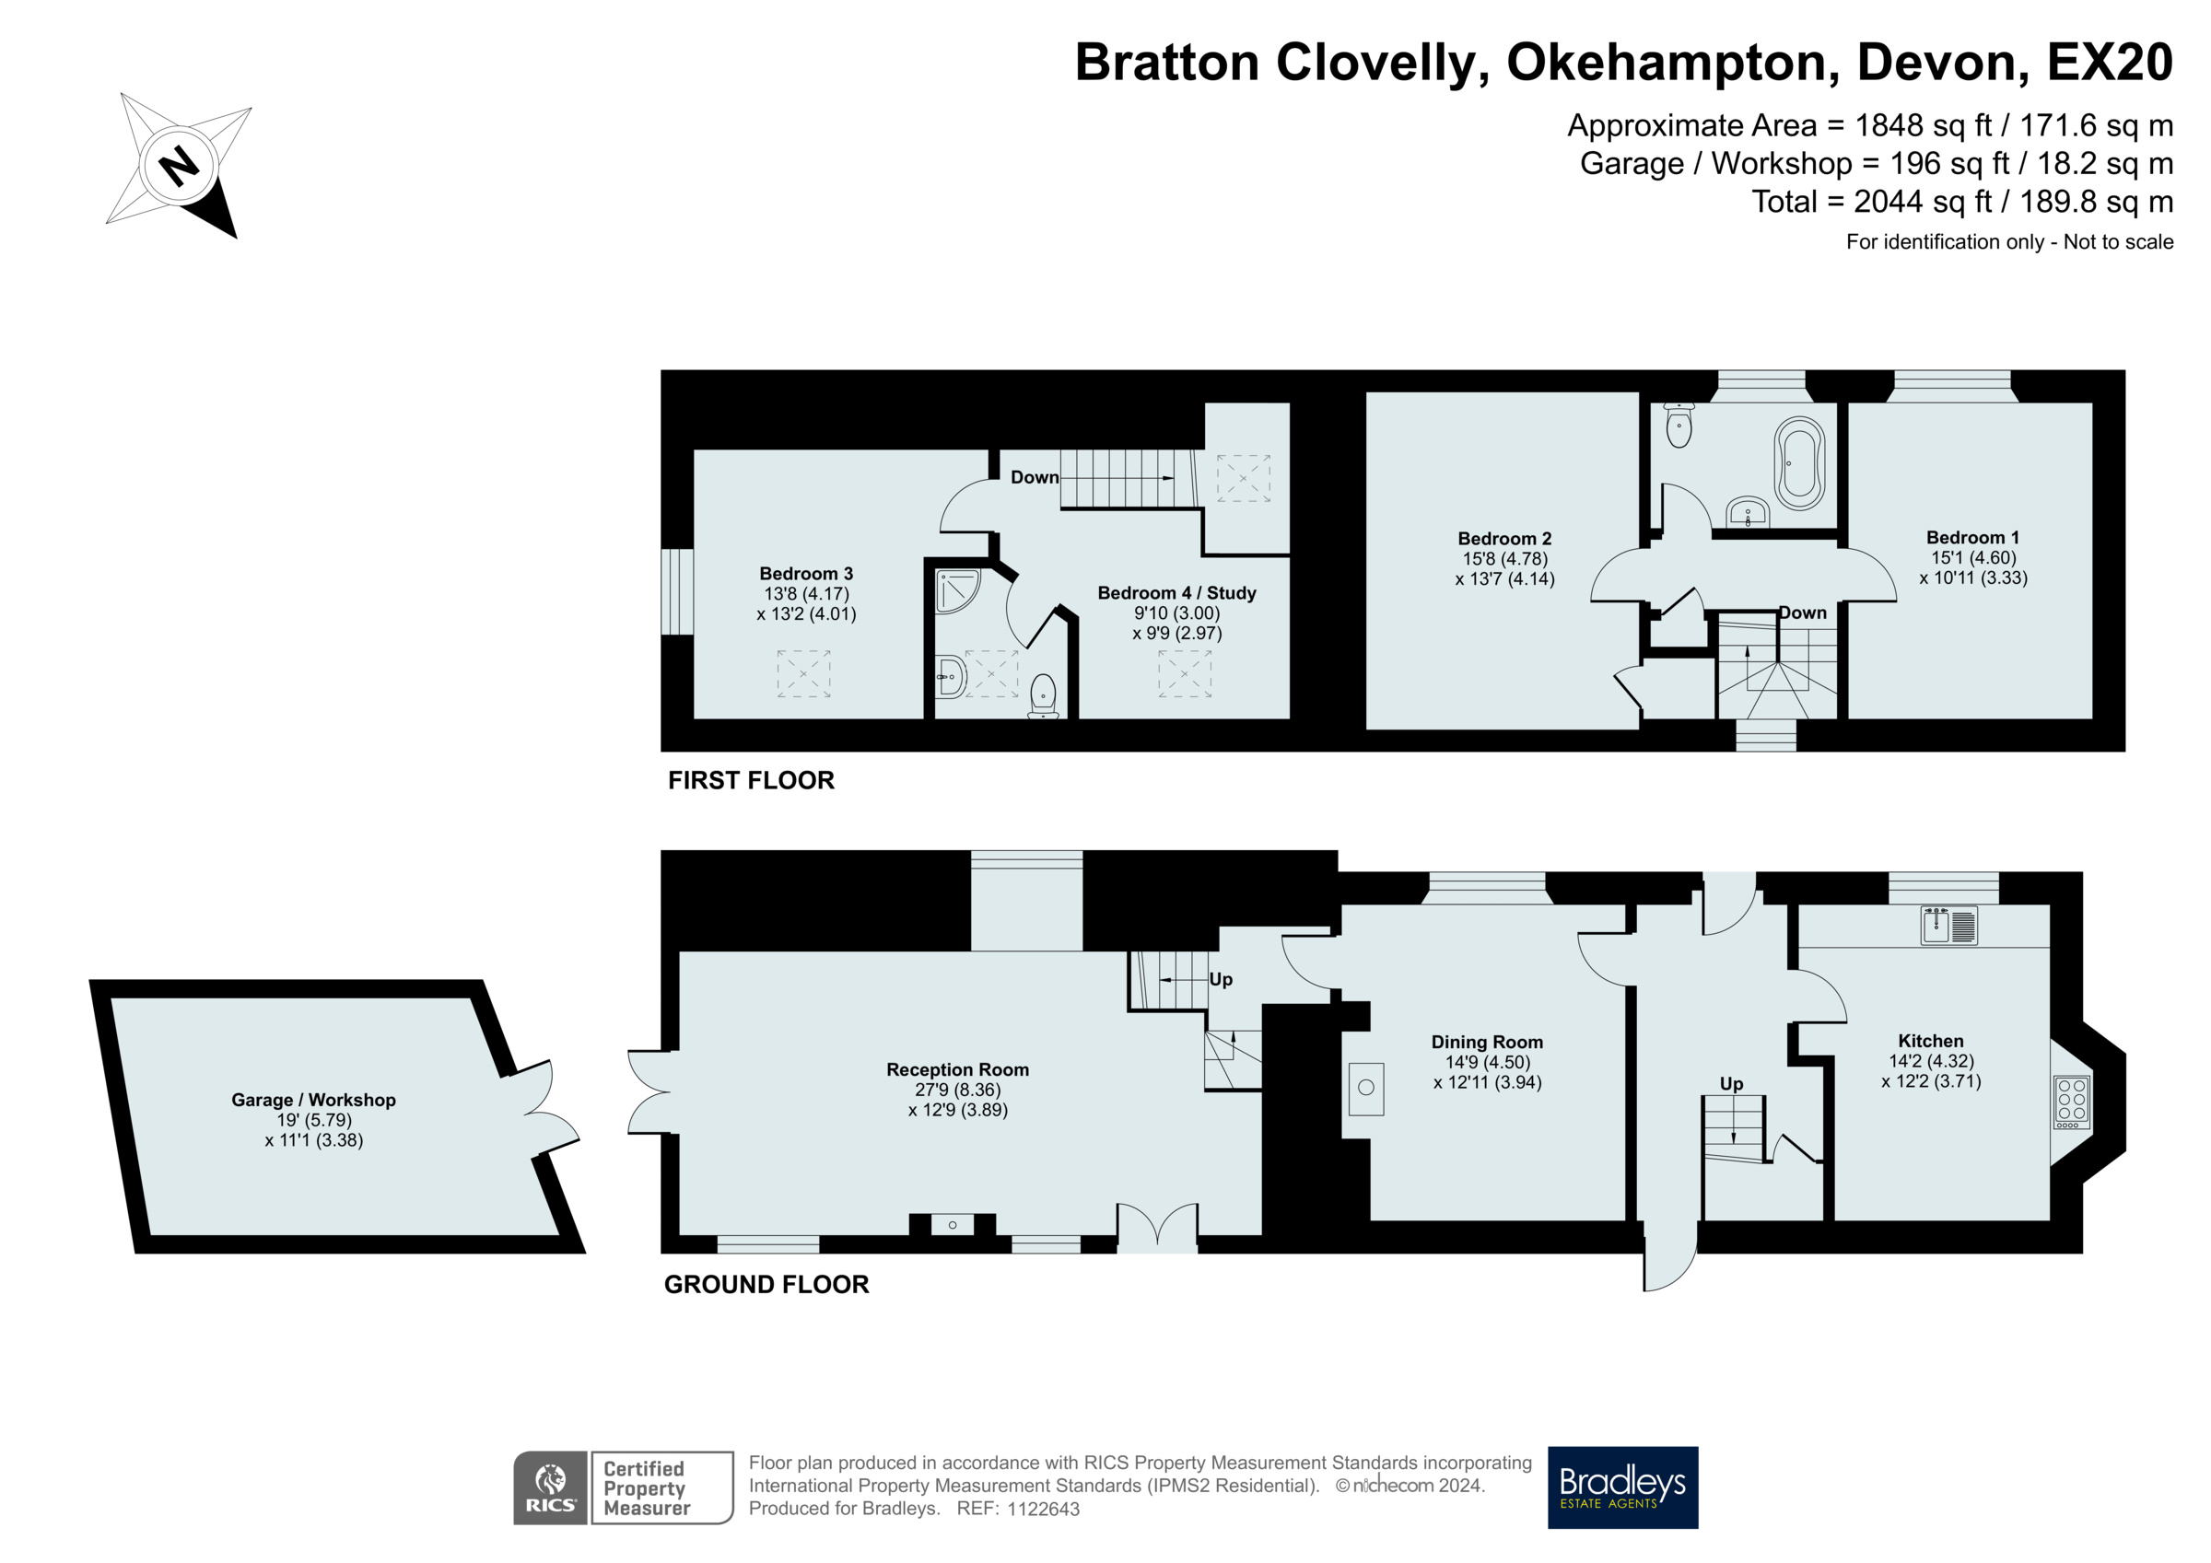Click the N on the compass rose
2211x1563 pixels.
coord(178,165)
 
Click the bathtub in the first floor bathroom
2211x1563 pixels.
coord(1800,463)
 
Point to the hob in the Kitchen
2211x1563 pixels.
coord(2071,1102)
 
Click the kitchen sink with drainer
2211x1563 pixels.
coord(1949,926)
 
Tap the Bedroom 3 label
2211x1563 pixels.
coord(806,574)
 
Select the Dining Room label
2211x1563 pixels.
coord(1487,1042)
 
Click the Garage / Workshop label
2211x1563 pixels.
coord(313,1100)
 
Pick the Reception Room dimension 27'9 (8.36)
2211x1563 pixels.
coord(957,1090)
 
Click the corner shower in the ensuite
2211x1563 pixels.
coord(957,591)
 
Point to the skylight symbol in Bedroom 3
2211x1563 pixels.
coord(803,673)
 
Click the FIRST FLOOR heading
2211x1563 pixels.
coord(751,780)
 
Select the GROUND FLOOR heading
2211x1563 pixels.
coord(766,1284)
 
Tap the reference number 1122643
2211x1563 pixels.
coord(1043,1509)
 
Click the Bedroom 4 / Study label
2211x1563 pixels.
coord(1176,593)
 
